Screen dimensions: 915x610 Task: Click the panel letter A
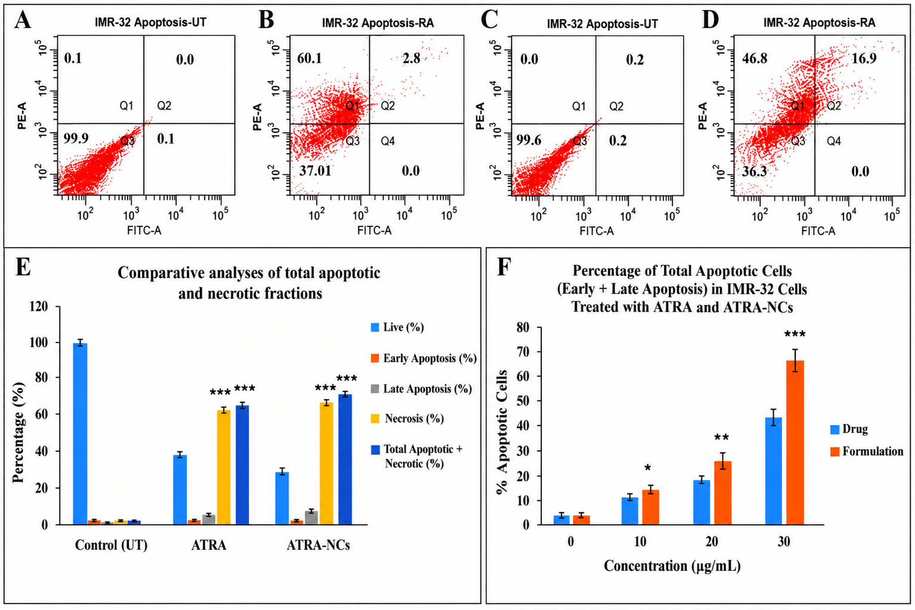point(23,20)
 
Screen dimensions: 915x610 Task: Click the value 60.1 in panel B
point(309,58)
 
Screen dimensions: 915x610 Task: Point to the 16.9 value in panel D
point(864,58)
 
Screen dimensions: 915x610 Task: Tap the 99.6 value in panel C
point(529,141)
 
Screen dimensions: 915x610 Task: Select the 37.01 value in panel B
point(315,170)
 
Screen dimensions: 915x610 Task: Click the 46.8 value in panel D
point(755,58)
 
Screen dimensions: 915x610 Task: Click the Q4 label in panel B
point(388,141)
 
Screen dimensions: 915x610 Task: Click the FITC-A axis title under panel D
point(818,231)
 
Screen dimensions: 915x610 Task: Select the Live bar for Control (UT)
point(80,434)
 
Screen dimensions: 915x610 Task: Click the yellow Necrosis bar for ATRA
point(224,468)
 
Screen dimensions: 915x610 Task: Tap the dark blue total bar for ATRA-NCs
point(345,459)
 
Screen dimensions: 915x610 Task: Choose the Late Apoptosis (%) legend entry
point(421,389)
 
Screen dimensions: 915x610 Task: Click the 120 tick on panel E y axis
point(39,307)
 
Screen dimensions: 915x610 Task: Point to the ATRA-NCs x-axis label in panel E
point(318,546)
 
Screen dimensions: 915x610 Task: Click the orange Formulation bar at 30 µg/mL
point(795,443)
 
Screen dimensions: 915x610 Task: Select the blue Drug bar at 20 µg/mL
point(702,503)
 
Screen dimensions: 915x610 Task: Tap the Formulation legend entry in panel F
point(866,452)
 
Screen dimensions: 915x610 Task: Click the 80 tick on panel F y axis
point(522,328)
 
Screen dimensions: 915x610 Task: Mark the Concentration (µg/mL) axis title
point(672,566)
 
